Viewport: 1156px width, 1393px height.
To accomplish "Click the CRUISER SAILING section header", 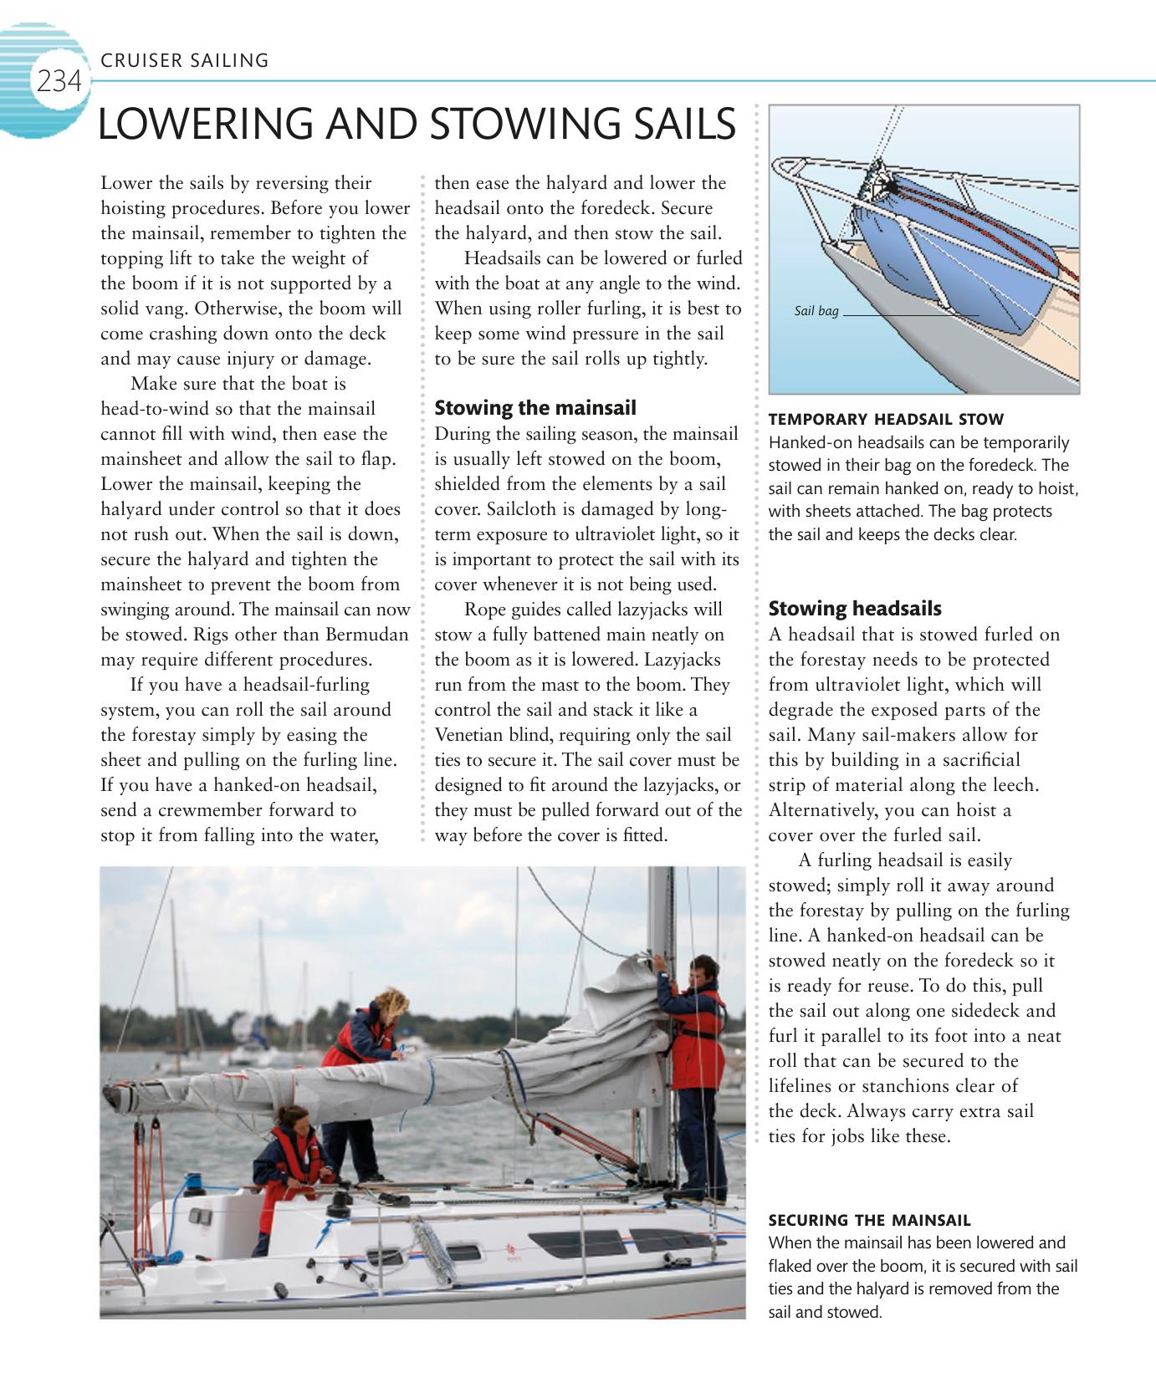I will (184, 60).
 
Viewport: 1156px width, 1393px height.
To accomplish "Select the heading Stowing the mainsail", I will (535, 408).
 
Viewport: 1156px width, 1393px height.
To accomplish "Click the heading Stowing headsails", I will (855, 609).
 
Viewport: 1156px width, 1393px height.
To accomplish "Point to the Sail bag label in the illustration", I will (816, 312).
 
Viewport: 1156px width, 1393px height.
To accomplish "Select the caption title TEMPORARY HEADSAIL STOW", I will (886, 419).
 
